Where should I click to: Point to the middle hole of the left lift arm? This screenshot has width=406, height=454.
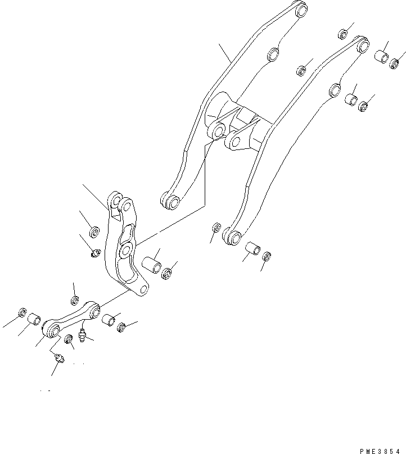(x=273, y=55)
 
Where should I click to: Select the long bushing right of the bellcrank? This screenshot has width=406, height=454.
(x=151, y=265)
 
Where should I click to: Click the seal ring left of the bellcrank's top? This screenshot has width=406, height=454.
(x=95, y=230)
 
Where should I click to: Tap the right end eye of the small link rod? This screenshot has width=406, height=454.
(x=94, y=310)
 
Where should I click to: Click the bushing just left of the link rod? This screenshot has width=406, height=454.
(x=34, y=319)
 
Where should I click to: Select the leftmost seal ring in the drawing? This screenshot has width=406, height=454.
(x=22, y=312)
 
